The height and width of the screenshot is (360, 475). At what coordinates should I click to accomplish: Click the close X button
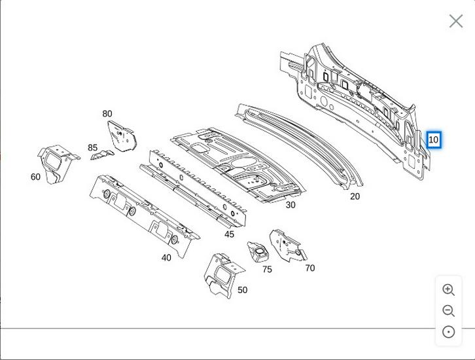coord(456,21)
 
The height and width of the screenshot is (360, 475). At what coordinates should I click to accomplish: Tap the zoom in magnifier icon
coord(448,290)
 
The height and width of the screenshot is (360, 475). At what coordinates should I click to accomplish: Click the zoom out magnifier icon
coord(448,311)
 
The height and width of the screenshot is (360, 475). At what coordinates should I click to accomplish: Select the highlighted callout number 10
coord(433,139)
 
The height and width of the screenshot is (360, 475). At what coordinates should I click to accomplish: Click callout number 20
coord(355,196)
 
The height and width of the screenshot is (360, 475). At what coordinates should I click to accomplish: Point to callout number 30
coord(290,205)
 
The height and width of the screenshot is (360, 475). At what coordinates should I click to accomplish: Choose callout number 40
coord(166,258)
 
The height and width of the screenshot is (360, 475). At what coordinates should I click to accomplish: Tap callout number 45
coord(229,234)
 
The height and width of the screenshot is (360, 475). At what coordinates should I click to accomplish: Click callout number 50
coord(242,290)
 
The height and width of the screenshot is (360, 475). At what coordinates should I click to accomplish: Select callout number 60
coord(35,177)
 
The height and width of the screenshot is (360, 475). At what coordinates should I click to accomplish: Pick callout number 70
coord(309,268)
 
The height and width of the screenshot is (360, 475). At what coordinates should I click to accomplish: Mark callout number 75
coord(267,269)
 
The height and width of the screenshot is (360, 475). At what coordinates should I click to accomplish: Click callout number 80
coord(107,114)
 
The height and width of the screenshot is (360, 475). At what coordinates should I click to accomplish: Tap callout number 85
coord(93,148)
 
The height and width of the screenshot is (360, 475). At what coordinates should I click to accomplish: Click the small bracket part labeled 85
coord(102,155)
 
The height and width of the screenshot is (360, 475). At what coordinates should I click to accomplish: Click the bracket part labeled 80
coord(121,136)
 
